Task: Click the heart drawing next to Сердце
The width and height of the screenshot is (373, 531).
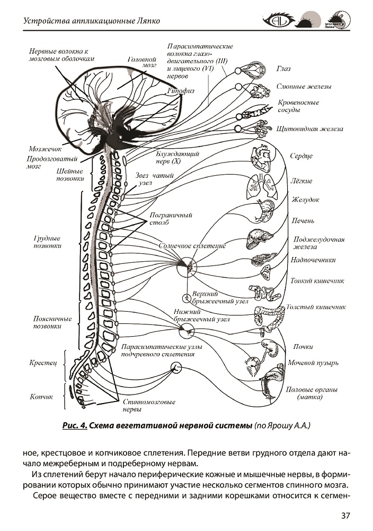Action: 262,157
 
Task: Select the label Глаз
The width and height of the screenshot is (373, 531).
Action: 283,69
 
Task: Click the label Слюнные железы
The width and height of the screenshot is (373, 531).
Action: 304,87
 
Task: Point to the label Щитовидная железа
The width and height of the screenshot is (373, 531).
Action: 310,129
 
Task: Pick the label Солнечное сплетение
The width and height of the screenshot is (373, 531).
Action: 192,246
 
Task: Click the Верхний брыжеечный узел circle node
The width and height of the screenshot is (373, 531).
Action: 186,298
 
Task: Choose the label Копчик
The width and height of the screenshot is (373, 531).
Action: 41,397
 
